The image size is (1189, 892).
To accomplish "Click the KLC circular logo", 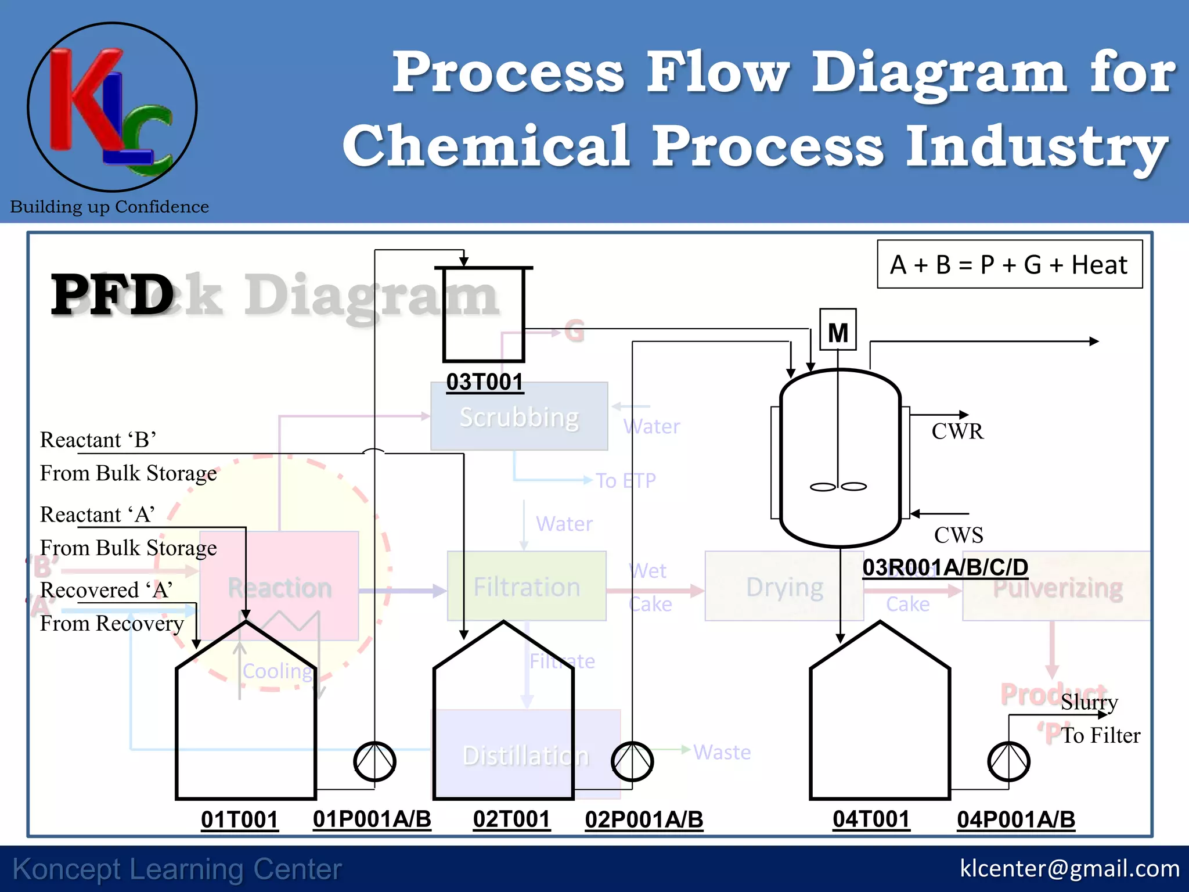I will click(x=112, y=107).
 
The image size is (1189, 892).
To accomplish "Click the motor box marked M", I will click(x=838, y=330).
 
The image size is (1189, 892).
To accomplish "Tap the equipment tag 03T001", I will click(x=485, y=382).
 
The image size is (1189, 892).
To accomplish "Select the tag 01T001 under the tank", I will click(x=239, y=819).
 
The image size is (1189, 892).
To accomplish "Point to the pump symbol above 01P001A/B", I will click(x=374, y=761).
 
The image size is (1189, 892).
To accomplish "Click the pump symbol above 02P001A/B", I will click(x=632, y=761).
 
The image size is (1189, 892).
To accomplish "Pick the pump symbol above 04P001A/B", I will click(x=1008, y=761).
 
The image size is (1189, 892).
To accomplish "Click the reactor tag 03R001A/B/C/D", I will click(x=945, y=567).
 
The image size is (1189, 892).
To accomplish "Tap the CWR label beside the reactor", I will click(x=957, y=431).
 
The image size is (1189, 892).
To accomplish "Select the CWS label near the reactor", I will click(x=959, y=535).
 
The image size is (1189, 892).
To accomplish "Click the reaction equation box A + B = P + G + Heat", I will click(x=1010, y=265).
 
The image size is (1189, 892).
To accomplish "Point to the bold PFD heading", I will click(x=112, y=295).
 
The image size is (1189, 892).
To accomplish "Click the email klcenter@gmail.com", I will click(x=1069, y=868).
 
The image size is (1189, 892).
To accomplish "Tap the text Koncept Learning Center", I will click(x=177, y=869).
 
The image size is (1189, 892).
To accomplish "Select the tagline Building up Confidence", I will click(x=109, y=207).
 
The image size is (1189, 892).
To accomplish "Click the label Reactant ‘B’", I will click(x=98, y=440).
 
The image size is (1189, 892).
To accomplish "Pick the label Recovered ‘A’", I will click(x=106, y=590).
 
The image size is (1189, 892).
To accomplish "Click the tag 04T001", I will click(x=871, y=819).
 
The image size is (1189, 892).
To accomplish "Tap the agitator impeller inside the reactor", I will click(x=838, y=487).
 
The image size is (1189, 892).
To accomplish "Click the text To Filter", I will click(x=1101, y=735).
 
